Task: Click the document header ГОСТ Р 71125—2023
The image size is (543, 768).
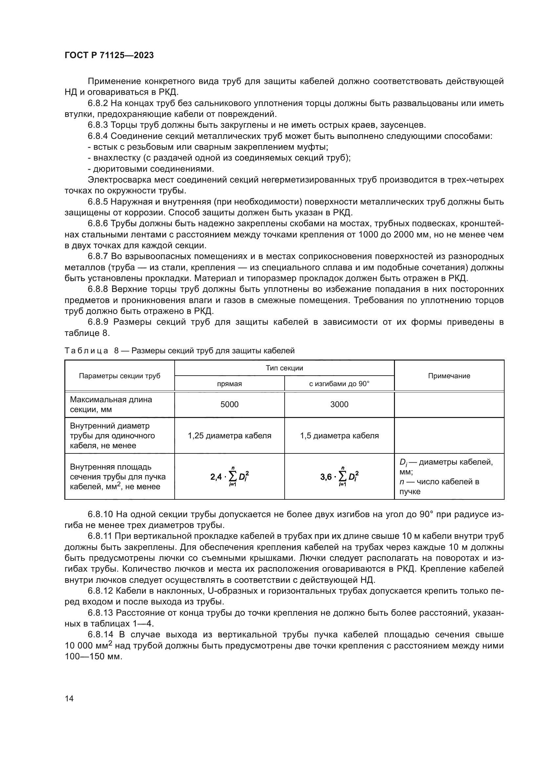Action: pyautogui.click(x=109, y=55)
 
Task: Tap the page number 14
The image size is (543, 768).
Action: pyautogui.click(x=69, y=698)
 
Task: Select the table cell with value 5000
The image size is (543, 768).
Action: pyautogui.click(x=229, y=405)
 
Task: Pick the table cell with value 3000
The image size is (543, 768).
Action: pyautogui.click(x=339, y=405)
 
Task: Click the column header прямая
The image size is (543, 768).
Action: pyautogui.click(x=229, y=384)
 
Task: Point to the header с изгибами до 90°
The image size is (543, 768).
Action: pyautogui.click(x=339, y=384)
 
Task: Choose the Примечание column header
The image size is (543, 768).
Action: pyautogui.click(x=449, y=376)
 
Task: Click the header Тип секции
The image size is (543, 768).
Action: pyautogui.click(x=284, y=368)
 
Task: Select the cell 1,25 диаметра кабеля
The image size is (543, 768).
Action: pyautogui.click(x=229, y=435)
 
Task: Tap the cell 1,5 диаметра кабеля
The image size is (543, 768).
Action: pyautogui.click(x=339, y=435)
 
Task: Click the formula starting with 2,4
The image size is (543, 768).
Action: pyautogui.click(x=229, y=477)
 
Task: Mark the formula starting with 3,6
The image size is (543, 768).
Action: pyautogui.click(x=339, y=477)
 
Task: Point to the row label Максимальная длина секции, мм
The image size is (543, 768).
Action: pyautogui.click(x=111, y=405)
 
